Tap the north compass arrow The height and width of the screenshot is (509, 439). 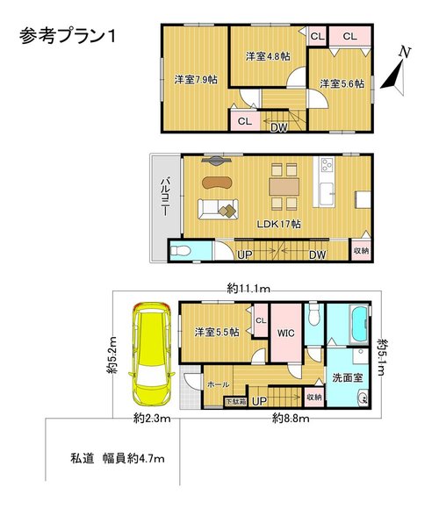[394, 76]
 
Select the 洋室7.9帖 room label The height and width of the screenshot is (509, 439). [196, 80]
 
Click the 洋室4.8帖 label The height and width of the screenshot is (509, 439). [268, 56]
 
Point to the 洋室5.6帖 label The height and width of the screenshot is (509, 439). [342, 84]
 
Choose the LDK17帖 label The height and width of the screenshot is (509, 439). [279, 224]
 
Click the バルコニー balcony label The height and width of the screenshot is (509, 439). [166, 196]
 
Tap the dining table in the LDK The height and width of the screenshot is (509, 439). [284, 187]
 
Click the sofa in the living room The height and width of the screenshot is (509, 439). [219, 209]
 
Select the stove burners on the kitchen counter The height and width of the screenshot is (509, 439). [327, 165]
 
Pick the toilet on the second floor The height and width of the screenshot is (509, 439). [178, 251]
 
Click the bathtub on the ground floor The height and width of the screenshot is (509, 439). [359, 325]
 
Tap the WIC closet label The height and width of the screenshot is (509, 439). [286, 333]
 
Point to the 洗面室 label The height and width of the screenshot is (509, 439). [348, 377]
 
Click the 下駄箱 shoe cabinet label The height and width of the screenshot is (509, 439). [235, 402]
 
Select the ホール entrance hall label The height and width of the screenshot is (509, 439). [219, 384]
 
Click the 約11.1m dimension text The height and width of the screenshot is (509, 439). [248, 288]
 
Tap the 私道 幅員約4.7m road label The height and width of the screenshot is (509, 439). [118, 458]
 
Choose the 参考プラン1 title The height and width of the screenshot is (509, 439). [68, 36]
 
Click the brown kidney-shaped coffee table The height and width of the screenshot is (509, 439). [218, 183]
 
